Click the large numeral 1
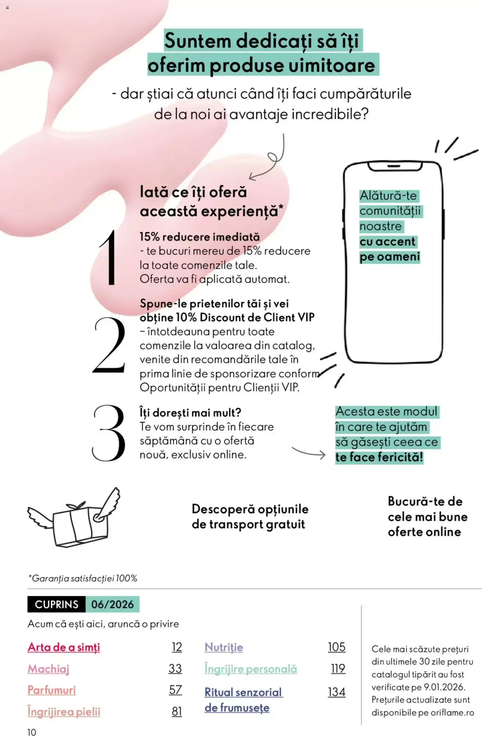(x=109, y=258)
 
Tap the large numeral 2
(x=109, y=345)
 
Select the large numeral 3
(x=109, y=433)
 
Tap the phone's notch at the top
(x=394, y=167)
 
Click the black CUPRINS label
(x=56, y=604)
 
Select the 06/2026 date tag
(x=112, y=604)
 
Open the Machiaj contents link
(x=49, y=669)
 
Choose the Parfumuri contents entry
(x=52, y=690)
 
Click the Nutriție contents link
(x=224, y=647)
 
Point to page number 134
(x=337, y=692)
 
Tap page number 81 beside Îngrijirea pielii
(x=177, y=712)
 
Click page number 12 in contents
(x=177, y=647)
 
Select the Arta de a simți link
(x=64, y=647)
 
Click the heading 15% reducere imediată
(x=200, y=237)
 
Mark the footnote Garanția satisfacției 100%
(x=83, y=578)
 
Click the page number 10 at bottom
(x=32, y=732)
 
